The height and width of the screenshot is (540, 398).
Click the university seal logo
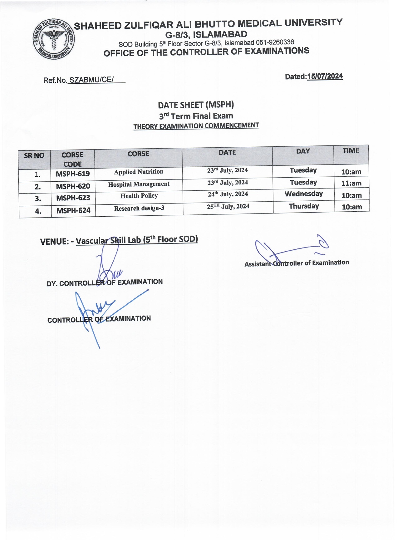click(54, 40)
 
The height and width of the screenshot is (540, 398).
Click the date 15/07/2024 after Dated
click(325, 76)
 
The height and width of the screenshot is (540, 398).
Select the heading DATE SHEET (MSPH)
click(196, 105)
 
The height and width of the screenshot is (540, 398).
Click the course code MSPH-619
click(73, 174)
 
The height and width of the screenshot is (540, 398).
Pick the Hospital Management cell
click(139, 184)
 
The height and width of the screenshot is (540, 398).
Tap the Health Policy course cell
click(139, 196)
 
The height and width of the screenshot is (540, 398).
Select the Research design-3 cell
click(139, 208)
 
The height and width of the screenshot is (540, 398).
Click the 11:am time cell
click(351, 183)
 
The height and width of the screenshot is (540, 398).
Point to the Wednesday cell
click(303, 194)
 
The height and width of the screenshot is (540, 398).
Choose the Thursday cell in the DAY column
click(304, 206)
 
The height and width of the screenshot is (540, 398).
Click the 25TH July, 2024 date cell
click(228, 206)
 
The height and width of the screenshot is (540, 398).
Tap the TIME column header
click(351, 150)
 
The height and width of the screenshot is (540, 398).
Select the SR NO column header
click(34, 155)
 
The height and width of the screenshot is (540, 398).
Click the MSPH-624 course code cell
click(73, 211)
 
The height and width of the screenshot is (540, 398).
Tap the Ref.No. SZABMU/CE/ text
click(84, 80)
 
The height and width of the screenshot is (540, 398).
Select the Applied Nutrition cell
click(138, 172)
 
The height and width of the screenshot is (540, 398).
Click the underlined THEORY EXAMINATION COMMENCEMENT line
click(196, 126)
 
